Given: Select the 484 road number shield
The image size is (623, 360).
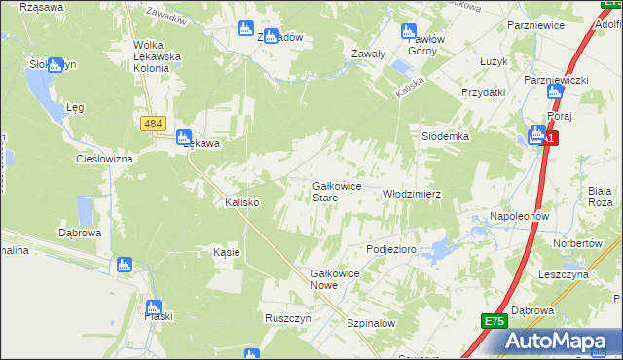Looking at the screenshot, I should (x=153, y=125).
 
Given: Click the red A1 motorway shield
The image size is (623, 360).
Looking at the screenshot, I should (x=551, y=139).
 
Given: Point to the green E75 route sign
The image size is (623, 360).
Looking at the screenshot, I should (x=494, y=321).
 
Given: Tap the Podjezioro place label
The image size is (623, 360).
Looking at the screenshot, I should (x=391, y=249).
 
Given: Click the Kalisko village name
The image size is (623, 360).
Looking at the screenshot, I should (x=240, y=202).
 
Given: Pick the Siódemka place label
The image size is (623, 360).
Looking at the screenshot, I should (x=445, y=137).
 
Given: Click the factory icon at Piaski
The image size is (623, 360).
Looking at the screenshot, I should (x=152, y=306).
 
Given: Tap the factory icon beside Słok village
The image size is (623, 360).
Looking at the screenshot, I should (x=55, y=65).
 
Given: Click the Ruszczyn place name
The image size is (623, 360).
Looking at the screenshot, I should (x=287, y=318).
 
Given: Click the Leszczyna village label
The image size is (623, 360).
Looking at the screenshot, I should (x=564, y=275).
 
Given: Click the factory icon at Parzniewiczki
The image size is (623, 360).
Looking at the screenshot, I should (x=555, y=92).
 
